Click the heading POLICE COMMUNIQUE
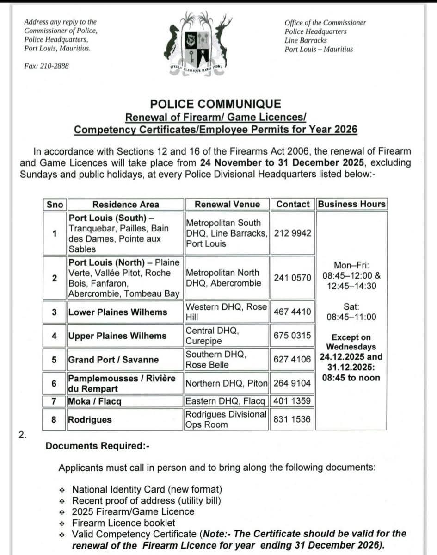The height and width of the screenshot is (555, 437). pos(215,104)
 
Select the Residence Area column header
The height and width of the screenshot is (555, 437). pos(125,205)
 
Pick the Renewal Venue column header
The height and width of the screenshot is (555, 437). pos(227,205)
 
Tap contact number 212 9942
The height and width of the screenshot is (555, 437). pos(292,233)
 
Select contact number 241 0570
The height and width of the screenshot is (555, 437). pos(292,278)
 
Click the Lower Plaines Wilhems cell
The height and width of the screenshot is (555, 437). pos(118,312)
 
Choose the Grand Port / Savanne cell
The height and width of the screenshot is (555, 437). pos(113,360)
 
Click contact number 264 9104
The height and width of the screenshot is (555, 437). pos(292,383)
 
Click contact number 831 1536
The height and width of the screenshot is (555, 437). pos(292,420)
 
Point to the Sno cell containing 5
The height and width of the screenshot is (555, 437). pos(55,360)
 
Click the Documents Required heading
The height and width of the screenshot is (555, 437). pos(97,446)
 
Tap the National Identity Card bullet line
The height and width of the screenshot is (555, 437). pos(147,489)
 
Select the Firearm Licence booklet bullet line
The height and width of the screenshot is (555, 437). pos(123,523)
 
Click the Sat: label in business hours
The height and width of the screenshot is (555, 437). pos(351,306)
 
